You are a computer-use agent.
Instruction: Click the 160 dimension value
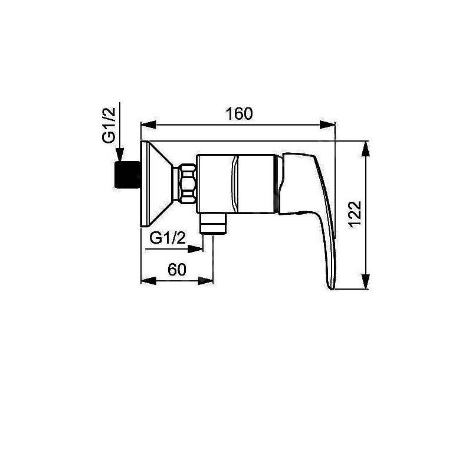pos(240,113)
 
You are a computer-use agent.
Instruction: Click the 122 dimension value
pos(355,214)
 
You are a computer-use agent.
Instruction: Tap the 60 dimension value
pos(177,270)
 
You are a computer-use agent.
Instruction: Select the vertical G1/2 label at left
pos(109,125)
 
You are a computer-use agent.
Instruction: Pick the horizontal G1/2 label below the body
pos(168,239)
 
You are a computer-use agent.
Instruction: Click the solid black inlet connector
pos(127,175)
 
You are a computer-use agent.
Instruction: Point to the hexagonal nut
pos(188,183)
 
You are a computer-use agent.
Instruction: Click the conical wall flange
pos(156,183)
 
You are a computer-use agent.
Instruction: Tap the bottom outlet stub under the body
pos(213,224)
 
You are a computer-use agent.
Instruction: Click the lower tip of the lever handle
pos(332,289)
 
